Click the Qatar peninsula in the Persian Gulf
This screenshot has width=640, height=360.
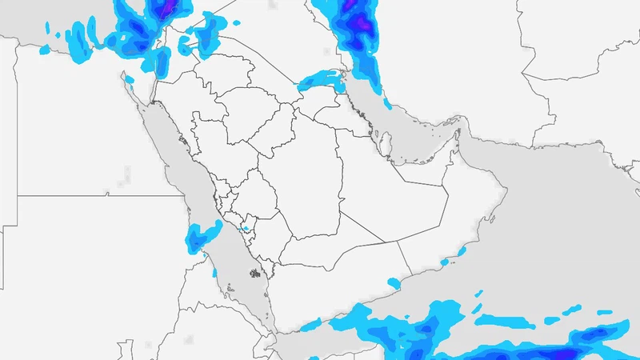(x=385, y=144)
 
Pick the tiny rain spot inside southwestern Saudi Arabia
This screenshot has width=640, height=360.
(x=246, y=230)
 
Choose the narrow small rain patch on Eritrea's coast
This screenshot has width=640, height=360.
(x=214, y=273)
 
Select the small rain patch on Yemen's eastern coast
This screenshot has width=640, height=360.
(x=393, y=282)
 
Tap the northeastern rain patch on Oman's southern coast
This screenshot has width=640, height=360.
(x=462, y=251)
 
